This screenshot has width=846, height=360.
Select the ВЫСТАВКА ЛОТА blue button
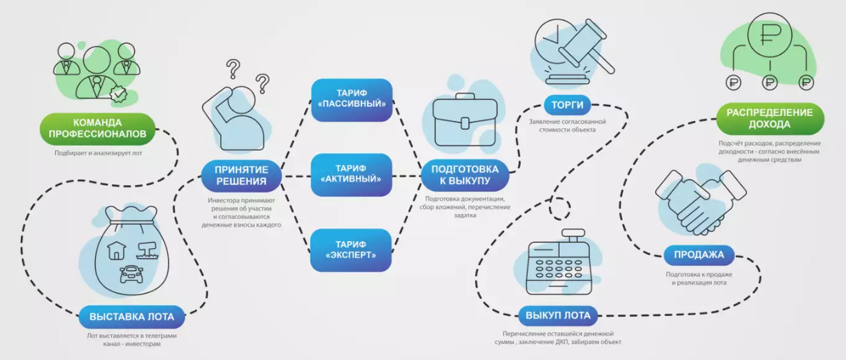131,316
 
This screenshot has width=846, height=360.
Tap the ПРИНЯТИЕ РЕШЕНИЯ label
241,175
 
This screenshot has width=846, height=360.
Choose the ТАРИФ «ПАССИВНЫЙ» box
351,99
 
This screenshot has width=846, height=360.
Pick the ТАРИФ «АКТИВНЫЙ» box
351,174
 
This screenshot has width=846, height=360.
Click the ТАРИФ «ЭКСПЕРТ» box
351,250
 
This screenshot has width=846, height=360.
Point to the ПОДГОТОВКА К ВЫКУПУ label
464,175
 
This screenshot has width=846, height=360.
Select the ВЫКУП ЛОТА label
559,315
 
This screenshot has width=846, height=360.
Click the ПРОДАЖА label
699,254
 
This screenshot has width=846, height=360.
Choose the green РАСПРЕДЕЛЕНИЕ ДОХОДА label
769,118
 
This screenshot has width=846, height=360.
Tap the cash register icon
561,265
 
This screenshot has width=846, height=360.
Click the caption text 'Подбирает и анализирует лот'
97,153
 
